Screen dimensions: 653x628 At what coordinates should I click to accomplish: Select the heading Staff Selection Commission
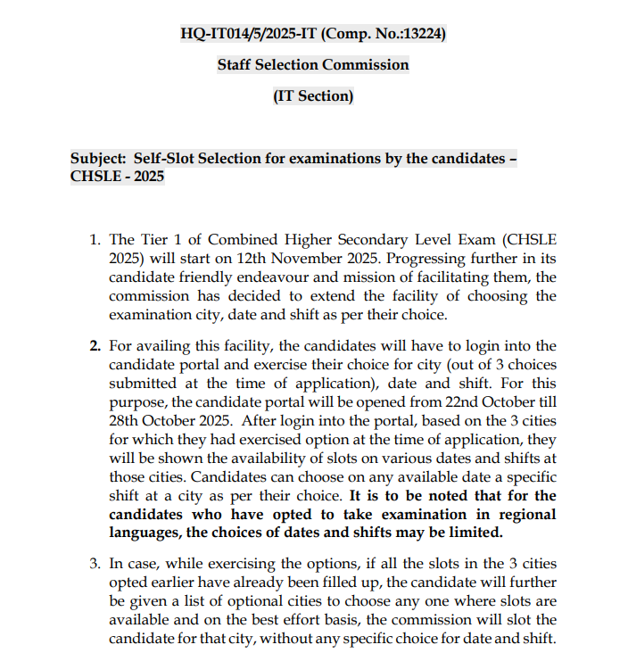313,65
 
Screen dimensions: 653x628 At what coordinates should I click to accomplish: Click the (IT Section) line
313,96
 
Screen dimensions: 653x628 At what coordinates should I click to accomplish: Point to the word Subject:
98,159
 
